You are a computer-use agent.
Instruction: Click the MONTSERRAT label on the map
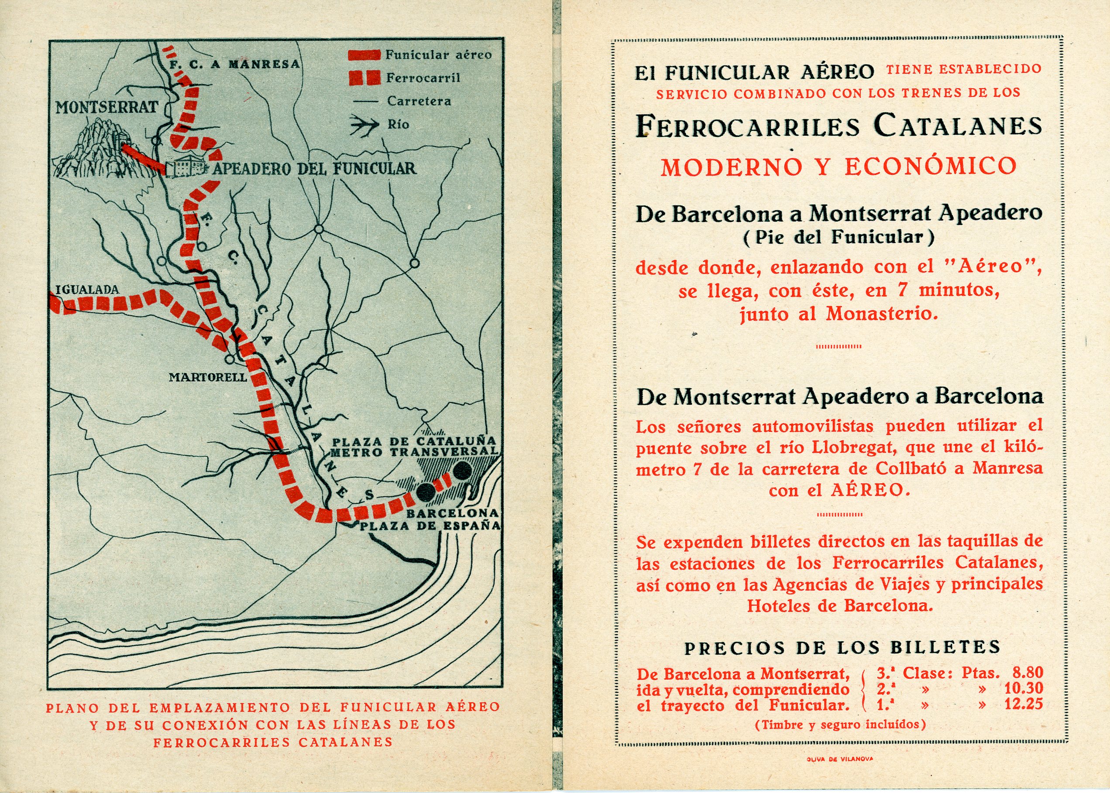tap(107, 107)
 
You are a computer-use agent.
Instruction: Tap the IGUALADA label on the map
tap(87, 290)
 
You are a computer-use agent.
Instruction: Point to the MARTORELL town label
tap(208, 377)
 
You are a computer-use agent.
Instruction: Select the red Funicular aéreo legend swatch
tap(364, 55)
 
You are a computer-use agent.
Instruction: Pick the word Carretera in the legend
tap(419, 101)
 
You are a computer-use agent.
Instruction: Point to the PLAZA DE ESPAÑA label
tap(430, 526)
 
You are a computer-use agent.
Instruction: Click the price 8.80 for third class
tap(1028, 673)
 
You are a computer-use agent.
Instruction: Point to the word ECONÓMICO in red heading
tap(931, 167)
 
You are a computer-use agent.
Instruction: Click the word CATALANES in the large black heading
tap(958, 126)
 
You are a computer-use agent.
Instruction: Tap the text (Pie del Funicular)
tap(839, 238)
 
